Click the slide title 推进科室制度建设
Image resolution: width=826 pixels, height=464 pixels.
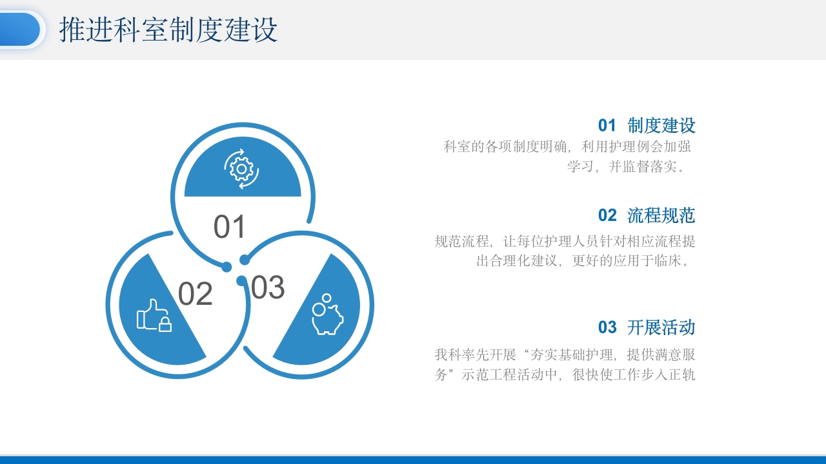pos(168,30)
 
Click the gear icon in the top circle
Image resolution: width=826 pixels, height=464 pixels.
pos(242,169)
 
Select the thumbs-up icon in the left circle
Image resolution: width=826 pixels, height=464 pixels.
pos(154,315)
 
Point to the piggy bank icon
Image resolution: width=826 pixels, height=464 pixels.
pos(327,315)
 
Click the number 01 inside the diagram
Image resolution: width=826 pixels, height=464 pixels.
pos(230,227)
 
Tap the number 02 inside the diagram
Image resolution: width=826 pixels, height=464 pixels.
pos(195,295)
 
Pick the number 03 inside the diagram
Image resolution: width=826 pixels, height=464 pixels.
pos(267,287)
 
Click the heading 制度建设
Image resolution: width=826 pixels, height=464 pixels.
pos(661,125)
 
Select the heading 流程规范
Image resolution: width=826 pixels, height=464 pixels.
pos(661,215)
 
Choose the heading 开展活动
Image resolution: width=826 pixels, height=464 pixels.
pos(661,327)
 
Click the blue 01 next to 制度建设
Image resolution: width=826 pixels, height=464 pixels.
pos(607,126)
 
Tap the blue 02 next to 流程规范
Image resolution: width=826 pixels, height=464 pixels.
pos(607,216)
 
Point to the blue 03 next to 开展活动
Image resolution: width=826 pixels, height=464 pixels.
pos(607,328)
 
